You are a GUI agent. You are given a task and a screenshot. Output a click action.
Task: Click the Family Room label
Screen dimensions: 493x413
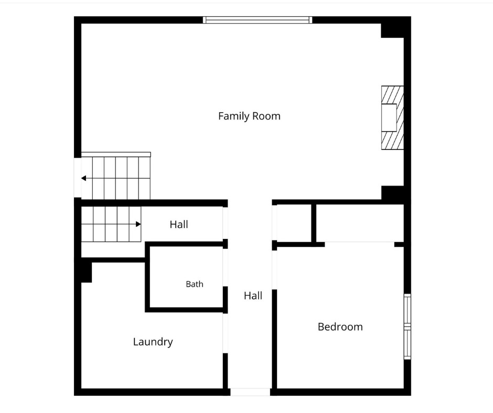pos(249,116)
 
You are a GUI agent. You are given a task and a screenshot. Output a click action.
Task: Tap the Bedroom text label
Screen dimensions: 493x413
pos(340,327)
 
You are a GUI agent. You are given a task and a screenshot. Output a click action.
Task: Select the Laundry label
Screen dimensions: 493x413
pos(153,342)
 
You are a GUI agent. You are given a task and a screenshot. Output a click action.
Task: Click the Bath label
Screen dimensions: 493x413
pos(195,284)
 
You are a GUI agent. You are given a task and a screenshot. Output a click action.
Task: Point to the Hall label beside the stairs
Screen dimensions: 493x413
pos(179,224)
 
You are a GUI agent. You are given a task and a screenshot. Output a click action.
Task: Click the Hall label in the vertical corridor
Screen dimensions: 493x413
pos(253,296)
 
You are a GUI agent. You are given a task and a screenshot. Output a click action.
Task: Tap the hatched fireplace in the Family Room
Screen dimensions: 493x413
pos(392,117)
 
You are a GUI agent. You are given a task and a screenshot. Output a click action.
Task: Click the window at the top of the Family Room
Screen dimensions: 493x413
pos(258,20)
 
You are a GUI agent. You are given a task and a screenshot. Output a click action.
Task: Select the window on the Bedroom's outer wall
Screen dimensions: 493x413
pos(407,327)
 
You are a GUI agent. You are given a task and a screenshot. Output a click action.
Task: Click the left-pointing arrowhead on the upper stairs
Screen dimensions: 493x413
pos(83,178)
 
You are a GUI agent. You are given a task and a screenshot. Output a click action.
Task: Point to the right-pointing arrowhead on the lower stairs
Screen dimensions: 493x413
pos(138,224)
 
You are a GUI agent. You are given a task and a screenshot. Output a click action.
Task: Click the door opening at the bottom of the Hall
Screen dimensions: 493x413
pos(250,392)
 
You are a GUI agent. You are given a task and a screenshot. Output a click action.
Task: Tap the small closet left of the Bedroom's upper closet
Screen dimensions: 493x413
pos(294,223)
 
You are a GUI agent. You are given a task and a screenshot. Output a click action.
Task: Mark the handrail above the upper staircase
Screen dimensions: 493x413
pos(116,155)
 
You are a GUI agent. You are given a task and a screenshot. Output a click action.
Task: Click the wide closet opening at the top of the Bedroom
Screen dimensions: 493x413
pos(359,244)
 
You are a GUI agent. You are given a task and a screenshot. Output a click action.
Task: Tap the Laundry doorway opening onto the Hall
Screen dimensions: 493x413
pos(225,333)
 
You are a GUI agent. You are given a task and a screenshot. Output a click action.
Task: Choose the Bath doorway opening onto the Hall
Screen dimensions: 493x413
pos(225,267)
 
